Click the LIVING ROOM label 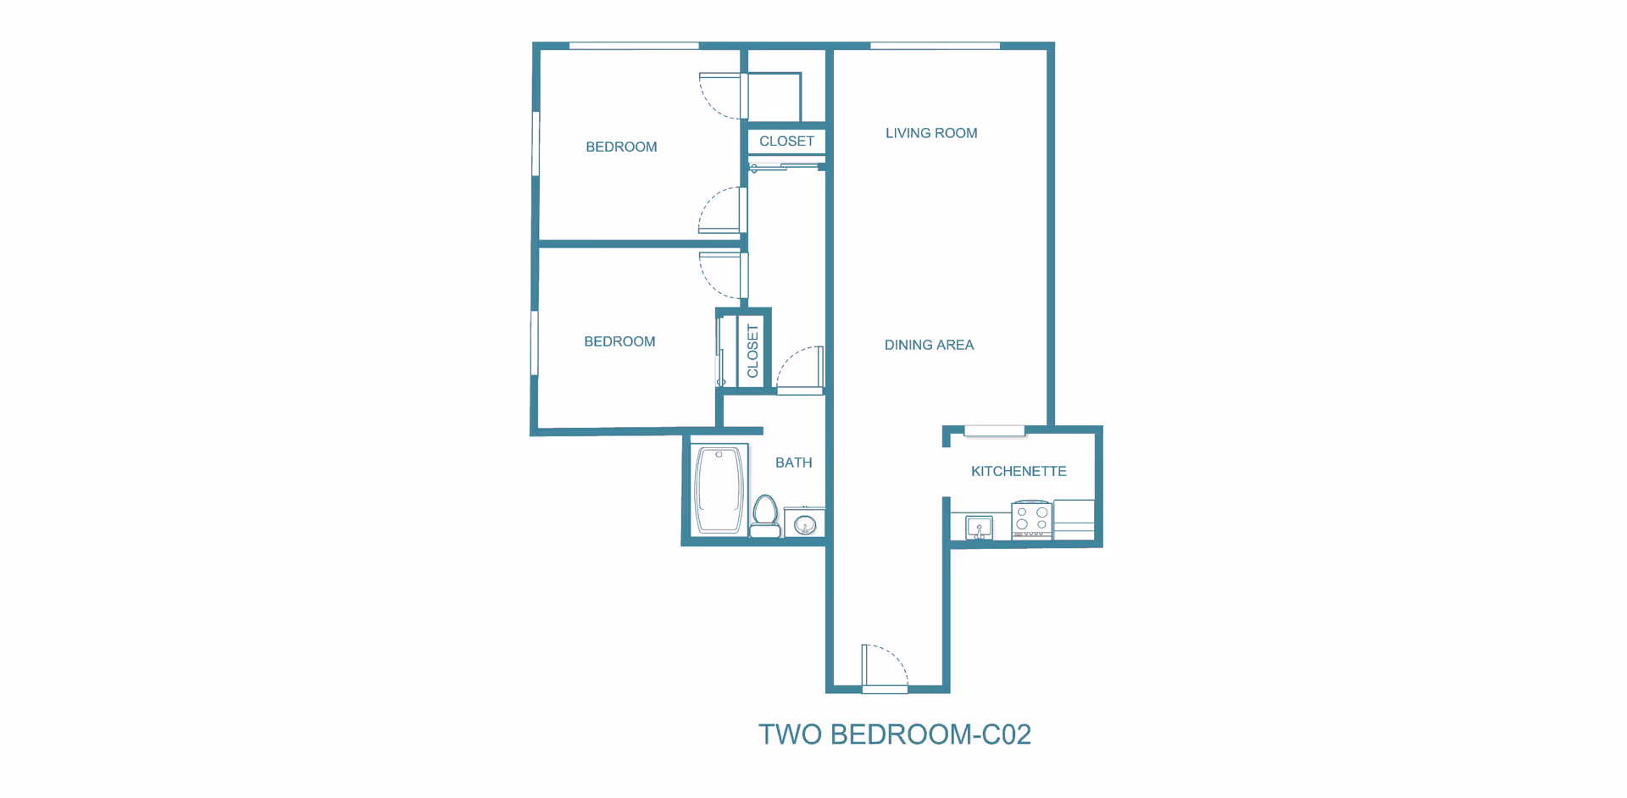pyautogui.click(x=931, y=133)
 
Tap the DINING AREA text pyautogui.click(x=929, y=345)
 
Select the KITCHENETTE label pyautogui.click(x=1019, y=471)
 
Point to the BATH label pyautogui.click(x=793, y=463)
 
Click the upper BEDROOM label pyautogui.click(x=621, y=147)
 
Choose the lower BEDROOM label pyautogui.click(x=619, y=341)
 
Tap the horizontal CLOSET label pyautogui.click(x=786, y=141)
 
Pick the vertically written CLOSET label pyautogui.click(x=752, y=351)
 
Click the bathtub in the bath pyautogui.click(x=719, y=490)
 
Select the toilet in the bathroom pyautogui.click(x=766, y=516)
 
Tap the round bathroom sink pyautogui.click(x=804, y=525)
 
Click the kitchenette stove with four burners pyautogui.click(x=1032, y=519)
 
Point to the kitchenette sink pyautogui.click(x=979, y=528)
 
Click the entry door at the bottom pyautogui.click(x=885, y=668)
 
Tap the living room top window pyautogui.click(x=935, y=46)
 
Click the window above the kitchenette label pyautogui.click(x=994, y=431)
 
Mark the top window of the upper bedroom pyautogui.click(x=634, y=46)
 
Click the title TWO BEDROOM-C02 pyautogui.click(x=894, y=734)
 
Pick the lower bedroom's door pyautogui.click(x=722, y=274)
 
